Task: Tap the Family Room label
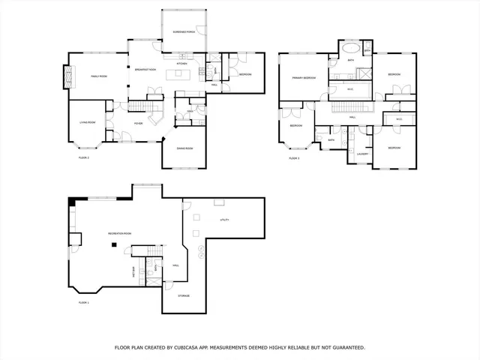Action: tap(100, 76)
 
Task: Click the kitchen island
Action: tap(201, 72)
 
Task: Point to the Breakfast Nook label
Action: tap(142, 70)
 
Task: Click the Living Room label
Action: tap(88, 122)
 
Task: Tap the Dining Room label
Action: tap(184, 148)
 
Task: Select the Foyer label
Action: tap(138, 123)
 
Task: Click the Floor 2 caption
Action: tap(84, 158)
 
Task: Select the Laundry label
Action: tap(362, 154)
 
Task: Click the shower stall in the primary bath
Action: tap(364, 73)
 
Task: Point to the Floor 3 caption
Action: tap(294, 158)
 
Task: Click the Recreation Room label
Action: tap(120, 234)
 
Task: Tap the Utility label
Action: tap(223, 220)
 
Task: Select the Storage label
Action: tap(184, 295)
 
